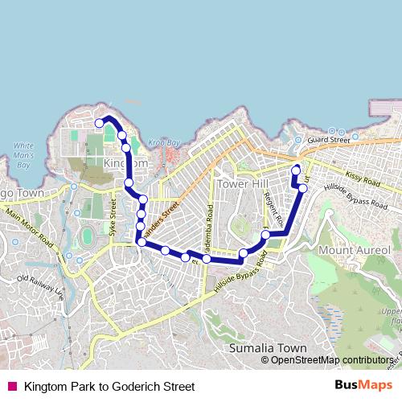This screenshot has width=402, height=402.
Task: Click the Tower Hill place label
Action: click(x=243, y=183)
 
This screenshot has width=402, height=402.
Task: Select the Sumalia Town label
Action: click(x=268, y=348)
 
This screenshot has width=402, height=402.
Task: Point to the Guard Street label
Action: click(x=328, y=139)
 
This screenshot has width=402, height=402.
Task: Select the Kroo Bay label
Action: click(x=162, y=142)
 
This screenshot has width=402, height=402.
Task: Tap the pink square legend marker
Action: click(x=11, y=387)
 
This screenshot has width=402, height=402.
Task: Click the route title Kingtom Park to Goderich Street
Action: click(x=109, y=387)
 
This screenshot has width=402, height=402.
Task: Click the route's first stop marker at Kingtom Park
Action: click(x=100, y=123)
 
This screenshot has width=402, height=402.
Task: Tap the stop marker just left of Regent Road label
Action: click(x=265, y=235)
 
